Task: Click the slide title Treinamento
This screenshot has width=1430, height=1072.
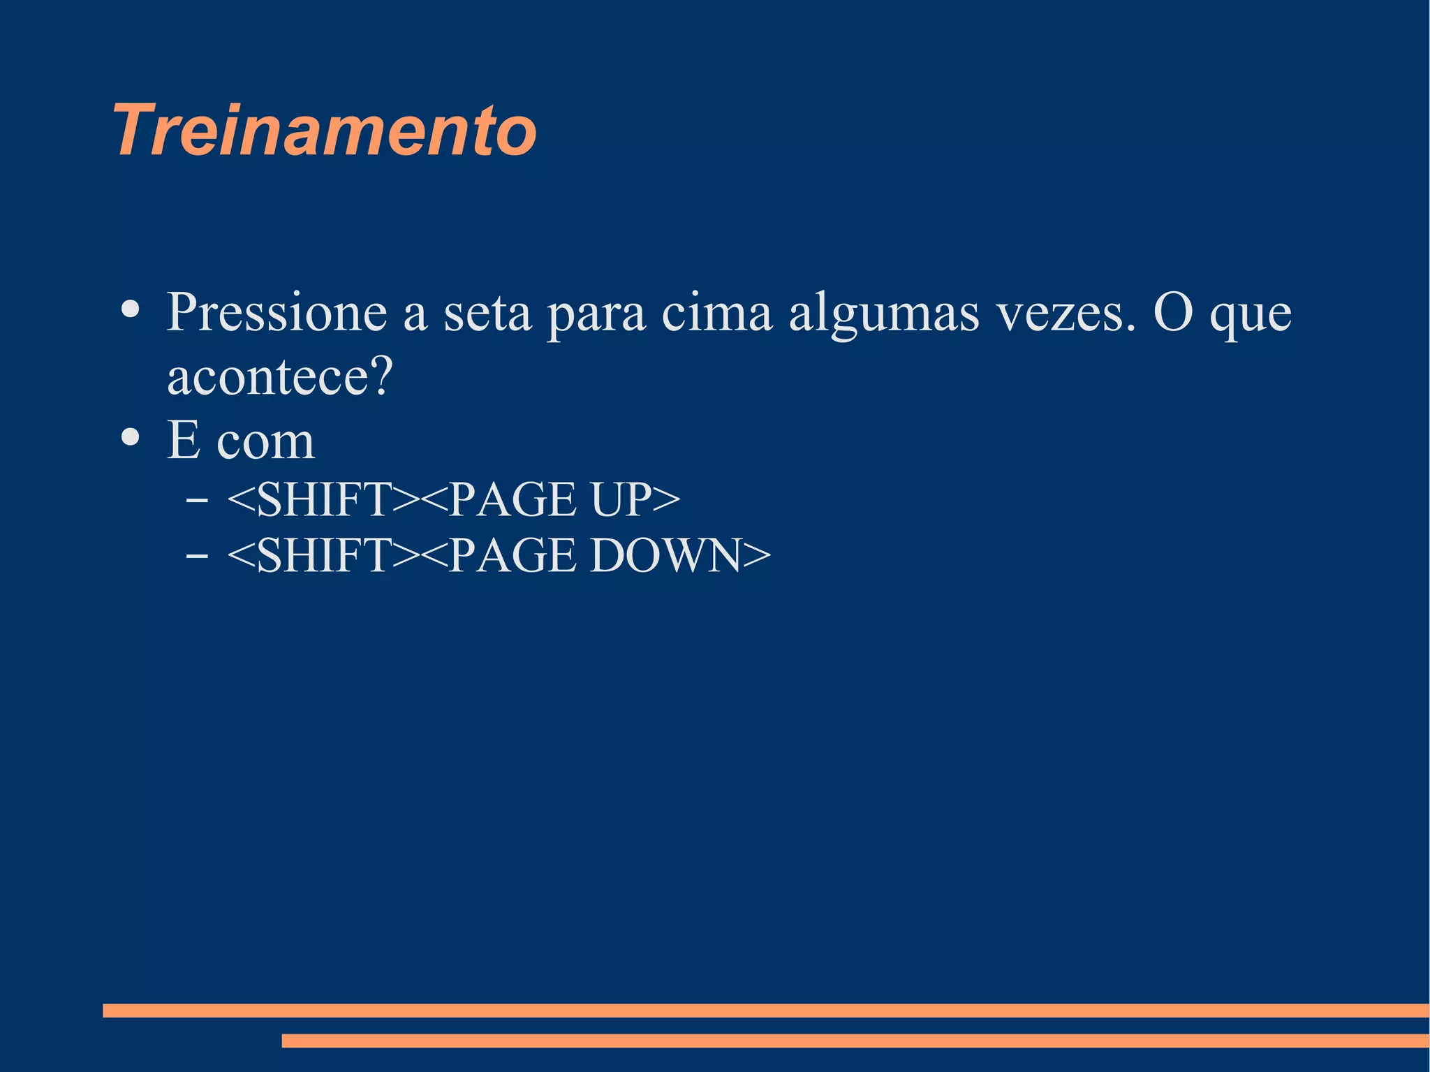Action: [325, 131]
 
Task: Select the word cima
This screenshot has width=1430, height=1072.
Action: [716, 312]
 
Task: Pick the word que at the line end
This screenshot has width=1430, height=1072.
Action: [1251, 316]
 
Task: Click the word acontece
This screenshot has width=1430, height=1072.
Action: [267, 376]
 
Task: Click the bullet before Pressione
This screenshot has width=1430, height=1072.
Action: [131, 309]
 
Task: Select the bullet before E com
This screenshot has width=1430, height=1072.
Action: [131, 437]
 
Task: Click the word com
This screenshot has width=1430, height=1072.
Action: [266, 442]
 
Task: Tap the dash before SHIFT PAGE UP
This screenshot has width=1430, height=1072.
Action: [197, 500]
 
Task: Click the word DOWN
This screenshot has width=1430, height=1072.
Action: [664, 556]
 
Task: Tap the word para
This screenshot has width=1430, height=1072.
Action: [596, 316]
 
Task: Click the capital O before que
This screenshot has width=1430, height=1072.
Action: [1173, 312]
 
